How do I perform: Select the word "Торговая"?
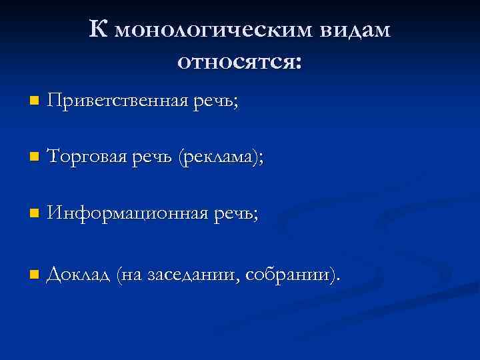pos(84,157)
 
